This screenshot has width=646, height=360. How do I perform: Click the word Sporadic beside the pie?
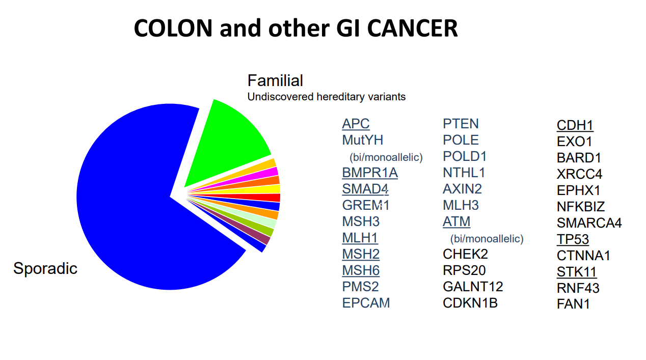tap(45, 268)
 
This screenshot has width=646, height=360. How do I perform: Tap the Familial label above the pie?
tap(275, 80)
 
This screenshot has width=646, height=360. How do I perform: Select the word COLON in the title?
tap(173, 29)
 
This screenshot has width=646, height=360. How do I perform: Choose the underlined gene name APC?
tap(356, 124)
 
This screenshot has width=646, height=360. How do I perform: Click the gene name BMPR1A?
tap(370, 173)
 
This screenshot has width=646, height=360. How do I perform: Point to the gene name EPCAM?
tap(366, 303)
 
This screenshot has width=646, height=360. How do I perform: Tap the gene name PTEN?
tap(461, 124)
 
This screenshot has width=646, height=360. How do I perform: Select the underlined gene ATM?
tap(456, 221)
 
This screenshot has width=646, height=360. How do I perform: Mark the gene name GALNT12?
tap(473, 287)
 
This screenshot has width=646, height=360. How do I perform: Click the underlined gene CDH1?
tap(575, 125)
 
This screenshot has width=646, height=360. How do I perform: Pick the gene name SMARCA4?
tap(589, 223)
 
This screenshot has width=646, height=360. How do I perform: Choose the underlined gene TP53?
tap(573, 239)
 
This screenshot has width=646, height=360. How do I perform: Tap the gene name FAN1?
tap(573, 304)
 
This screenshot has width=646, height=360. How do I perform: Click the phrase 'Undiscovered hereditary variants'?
tap(327, 97)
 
